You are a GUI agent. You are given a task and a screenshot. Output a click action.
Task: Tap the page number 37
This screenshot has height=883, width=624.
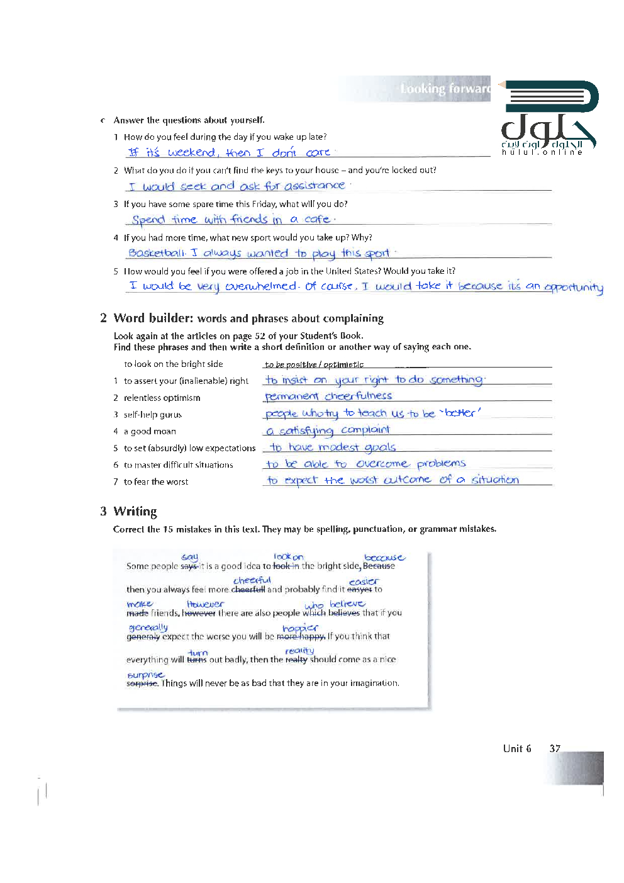tap(554, 748)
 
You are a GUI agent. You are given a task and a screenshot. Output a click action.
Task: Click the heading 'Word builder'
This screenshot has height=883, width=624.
tap(153, 318)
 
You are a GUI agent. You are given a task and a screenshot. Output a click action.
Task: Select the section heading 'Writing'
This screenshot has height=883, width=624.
tap(135, 511)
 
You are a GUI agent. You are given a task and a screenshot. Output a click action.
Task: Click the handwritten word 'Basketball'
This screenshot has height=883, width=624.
tap(157, 253)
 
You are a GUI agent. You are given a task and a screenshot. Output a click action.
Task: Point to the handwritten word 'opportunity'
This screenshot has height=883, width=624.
tap(574, 287)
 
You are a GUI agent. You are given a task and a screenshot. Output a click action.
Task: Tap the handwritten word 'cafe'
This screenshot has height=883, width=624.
tap(317, 219)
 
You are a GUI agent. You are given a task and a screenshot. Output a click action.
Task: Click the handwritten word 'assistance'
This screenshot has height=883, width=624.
tap(315, 186)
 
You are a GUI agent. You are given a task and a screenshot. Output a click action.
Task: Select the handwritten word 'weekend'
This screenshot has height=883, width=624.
tap(192, 152)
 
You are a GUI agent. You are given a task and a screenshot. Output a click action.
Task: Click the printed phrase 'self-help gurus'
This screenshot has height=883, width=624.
tap(153, 415)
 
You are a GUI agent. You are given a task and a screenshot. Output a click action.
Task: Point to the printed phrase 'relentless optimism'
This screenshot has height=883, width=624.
tap(162, 398)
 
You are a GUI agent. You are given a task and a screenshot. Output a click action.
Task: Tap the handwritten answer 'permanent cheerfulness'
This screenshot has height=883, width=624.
tap(328, 396)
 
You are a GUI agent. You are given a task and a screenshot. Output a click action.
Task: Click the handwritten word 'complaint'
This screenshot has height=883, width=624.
tap(365, 430)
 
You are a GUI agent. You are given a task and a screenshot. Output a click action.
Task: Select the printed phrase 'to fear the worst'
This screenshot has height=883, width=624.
tap(156, 481)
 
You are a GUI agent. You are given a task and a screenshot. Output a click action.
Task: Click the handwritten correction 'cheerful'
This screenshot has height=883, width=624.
tap(252, 580)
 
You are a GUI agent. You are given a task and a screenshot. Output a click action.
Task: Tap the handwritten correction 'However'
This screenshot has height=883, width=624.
tap(205, 604)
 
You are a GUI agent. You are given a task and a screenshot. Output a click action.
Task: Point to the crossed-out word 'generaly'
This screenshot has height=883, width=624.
tap(143, 637)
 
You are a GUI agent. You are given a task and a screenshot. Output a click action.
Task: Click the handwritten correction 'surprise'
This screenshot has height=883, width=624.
tap(145, 675)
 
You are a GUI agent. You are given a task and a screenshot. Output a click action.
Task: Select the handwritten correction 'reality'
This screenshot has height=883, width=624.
tap(299, 651)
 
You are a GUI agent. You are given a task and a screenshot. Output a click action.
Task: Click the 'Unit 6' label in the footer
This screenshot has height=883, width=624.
tap(516, 748)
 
